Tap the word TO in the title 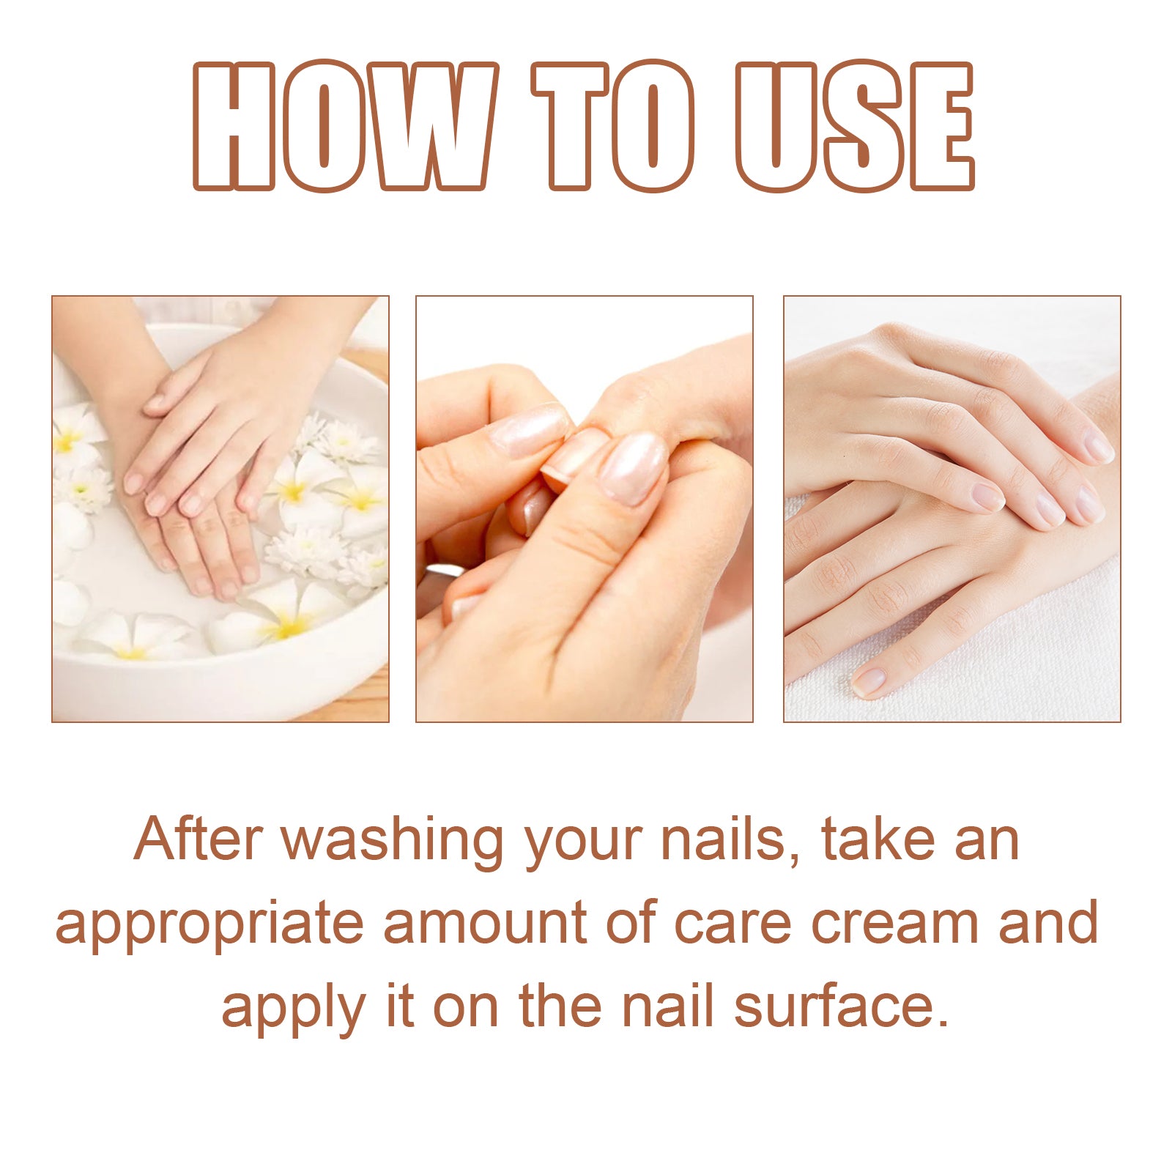(x=614, y=126)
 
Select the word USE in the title (x=856, y=126)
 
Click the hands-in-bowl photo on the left (x=220, y=508)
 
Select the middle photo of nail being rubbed (x=584, y=508)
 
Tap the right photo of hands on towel (x=952, y=508)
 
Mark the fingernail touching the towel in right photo (x=869, y=682)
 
